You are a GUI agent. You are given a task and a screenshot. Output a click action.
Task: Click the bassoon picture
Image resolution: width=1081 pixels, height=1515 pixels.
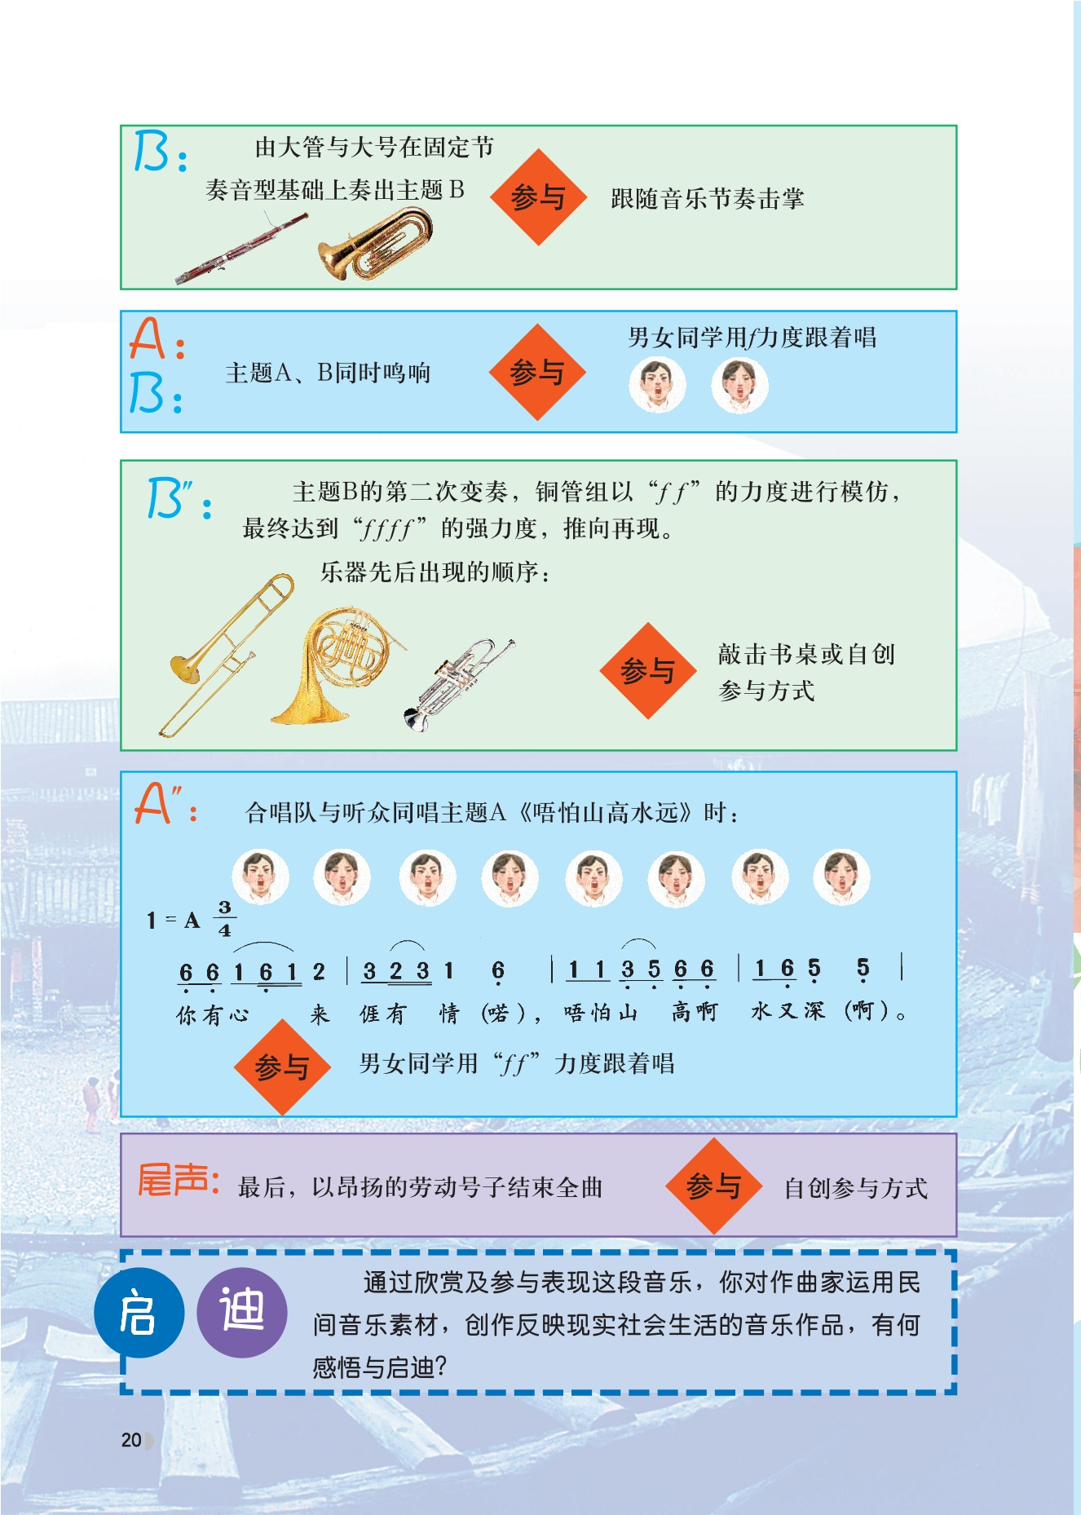[241, 249]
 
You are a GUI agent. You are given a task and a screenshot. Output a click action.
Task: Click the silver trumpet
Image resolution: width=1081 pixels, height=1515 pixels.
[458, 685]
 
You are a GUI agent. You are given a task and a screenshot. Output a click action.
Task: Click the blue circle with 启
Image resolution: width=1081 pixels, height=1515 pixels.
[139, 1313]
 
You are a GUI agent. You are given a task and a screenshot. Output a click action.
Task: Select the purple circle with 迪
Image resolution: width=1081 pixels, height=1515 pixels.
[242, 1313]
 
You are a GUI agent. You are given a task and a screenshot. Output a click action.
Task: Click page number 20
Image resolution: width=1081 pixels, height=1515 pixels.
[131, 1440]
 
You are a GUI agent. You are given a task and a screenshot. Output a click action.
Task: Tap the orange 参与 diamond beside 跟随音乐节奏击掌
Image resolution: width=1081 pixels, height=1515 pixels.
[538, 197]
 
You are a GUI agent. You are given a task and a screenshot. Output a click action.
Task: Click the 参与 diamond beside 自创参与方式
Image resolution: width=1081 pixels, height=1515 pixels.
[713, 1186]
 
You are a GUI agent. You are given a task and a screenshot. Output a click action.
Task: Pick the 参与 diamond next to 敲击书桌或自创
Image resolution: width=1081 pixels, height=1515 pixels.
[648, 671]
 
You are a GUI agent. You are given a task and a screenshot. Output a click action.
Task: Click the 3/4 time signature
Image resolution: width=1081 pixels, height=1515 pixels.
[224, 918]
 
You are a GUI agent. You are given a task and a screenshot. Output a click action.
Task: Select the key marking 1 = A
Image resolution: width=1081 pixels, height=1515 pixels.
[173, 921]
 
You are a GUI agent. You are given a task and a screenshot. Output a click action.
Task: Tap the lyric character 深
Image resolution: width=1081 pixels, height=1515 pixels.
[814, 1011]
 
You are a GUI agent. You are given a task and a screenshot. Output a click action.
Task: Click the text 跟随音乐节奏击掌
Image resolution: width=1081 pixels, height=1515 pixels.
[708, 198]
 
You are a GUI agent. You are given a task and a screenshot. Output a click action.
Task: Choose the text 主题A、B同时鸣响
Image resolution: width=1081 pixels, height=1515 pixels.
[328, 373]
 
